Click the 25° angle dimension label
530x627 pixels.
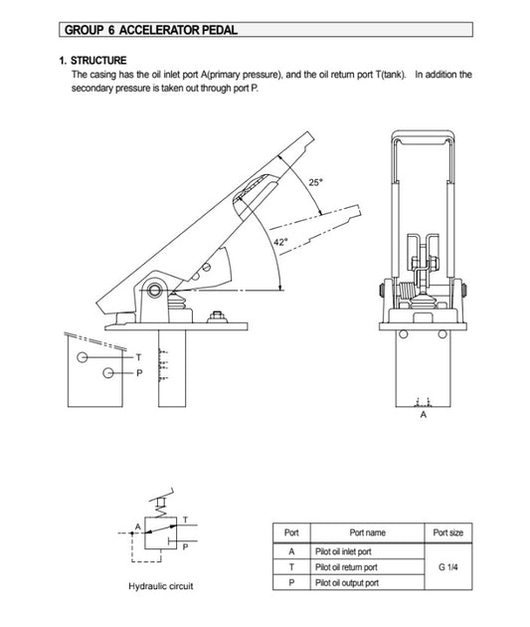(x=315, y=183)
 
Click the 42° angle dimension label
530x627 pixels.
(x=280, y=242)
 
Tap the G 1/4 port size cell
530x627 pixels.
(x=448, y=567)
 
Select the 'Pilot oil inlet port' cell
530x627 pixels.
(x=368, y=551)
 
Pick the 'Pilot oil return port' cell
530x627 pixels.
(x=368, y=567)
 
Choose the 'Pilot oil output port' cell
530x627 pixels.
(x=368, y=582)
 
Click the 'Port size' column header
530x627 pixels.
(x=448, y=532)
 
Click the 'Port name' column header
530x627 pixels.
(x=368, y=532)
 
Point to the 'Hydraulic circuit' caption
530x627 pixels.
(x=161, y=586)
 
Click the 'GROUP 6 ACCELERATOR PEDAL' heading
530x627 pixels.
(x=150, y=30)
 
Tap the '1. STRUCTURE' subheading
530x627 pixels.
(x=92, y=61)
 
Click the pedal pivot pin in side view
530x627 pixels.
(x=154, y=289)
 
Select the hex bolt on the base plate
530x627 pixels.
(x=217, y=316)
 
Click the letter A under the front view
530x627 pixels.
(x=424, y=415)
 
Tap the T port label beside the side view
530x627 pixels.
(x=138, y=357)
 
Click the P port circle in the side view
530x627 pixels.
(x=107, y=372)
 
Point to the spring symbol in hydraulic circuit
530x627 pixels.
(x=162, y=511)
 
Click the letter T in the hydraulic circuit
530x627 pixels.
(x=185, y=520)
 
